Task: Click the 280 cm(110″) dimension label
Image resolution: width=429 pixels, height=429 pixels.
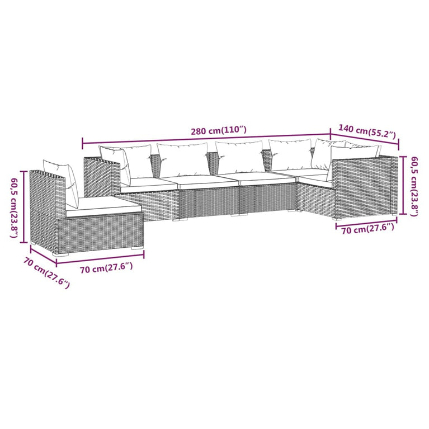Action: (218, 130)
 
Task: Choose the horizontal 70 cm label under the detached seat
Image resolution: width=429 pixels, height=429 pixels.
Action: (106, 268)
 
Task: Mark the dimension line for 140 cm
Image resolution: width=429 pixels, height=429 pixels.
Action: (364, 140)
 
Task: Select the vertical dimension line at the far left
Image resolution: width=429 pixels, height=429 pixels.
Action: (23, 207)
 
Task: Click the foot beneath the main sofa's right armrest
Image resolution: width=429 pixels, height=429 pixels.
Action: (394, 214)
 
